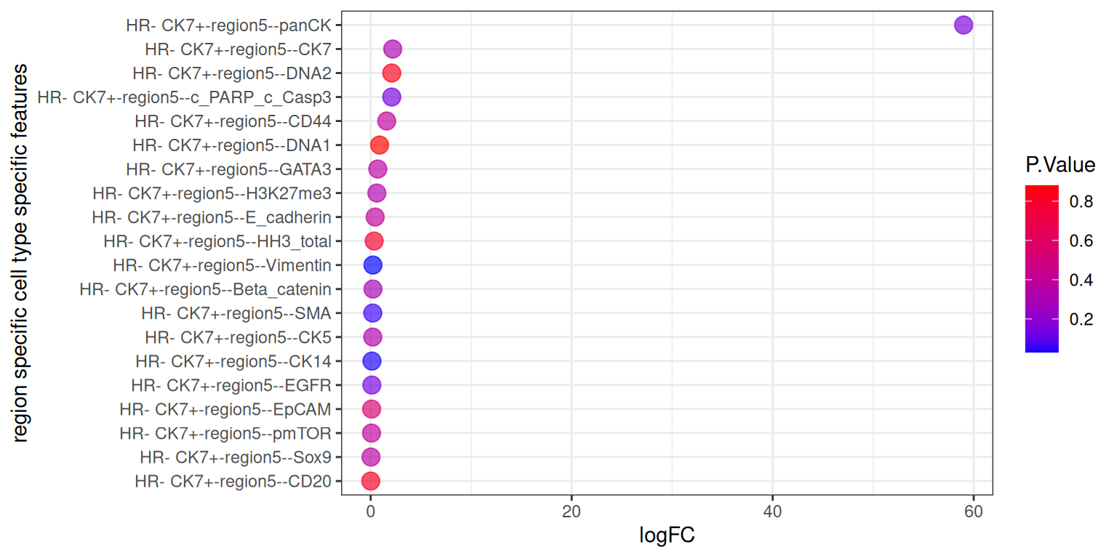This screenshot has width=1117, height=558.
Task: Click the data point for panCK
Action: click(964, 25)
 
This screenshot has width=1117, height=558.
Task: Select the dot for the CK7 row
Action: click(393, 49)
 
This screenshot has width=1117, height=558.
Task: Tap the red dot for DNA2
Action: click(391, 73)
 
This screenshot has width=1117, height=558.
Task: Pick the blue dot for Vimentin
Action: click(372, 265)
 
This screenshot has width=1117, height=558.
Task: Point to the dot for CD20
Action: click(371, 481)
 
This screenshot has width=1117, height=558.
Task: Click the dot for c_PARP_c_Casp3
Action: click(391, 97)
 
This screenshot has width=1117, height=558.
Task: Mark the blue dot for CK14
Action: click(372, 361)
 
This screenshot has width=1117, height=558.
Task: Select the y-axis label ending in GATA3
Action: click(228, 169)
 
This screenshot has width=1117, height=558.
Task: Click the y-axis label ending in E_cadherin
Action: click(212, 217)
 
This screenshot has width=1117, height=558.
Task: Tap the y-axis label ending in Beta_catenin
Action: click(205, 289)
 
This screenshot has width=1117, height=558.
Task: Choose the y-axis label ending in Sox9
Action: click(236, 457)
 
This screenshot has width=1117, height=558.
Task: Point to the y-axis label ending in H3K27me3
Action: click(212, 193)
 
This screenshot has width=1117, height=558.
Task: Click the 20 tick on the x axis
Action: click(572, 511)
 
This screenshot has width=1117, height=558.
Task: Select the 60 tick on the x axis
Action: click(973, 511)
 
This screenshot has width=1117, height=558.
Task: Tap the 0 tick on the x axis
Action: click(370, 511)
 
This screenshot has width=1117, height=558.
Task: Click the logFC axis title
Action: click(667, 536)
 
